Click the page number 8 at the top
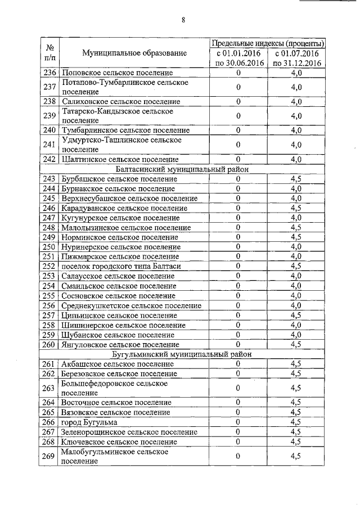pos(183,21)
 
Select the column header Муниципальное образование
pos(134,53)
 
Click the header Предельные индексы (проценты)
pos(267,43)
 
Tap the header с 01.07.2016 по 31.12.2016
pos(296,58)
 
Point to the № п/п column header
pos(50,53)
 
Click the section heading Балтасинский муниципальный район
pos(182,169)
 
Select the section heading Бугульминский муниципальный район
pos(182,354)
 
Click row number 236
pos(50,73)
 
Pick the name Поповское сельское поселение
pos(117,73)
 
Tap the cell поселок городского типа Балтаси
pos(121,266)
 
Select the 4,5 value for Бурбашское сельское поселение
pos(296,179)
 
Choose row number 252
pos(50,266)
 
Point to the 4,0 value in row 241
pos(296,145)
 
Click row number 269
pos(50,456)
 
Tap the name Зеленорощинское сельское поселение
pos(129,432)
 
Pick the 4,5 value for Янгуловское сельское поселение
pos(296,344)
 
